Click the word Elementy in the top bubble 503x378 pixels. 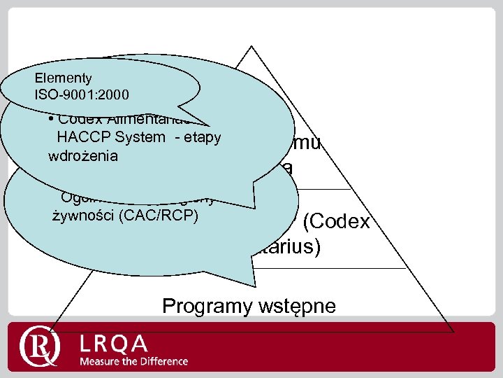click(x=62, y=78)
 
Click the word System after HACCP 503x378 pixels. click(x=143, y=139)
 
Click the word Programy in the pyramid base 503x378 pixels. click(x=201, y=306)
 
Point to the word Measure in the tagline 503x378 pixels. click(x=100, y=361)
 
